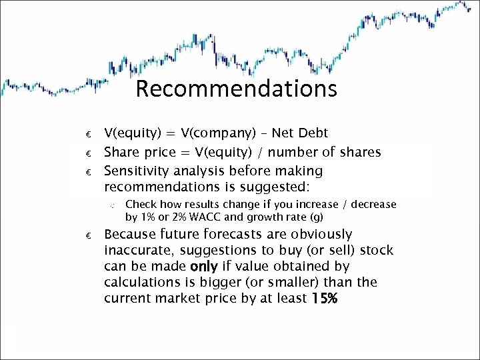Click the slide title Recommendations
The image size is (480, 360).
click(236, 89)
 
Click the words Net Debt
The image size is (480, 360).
click(303, 134)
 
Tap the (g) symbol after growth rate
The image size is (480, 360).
click(316, 217)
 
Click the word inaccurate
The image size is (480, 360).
click(138, 250)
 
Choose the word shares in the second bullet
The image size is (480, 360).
click(360, 153)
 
